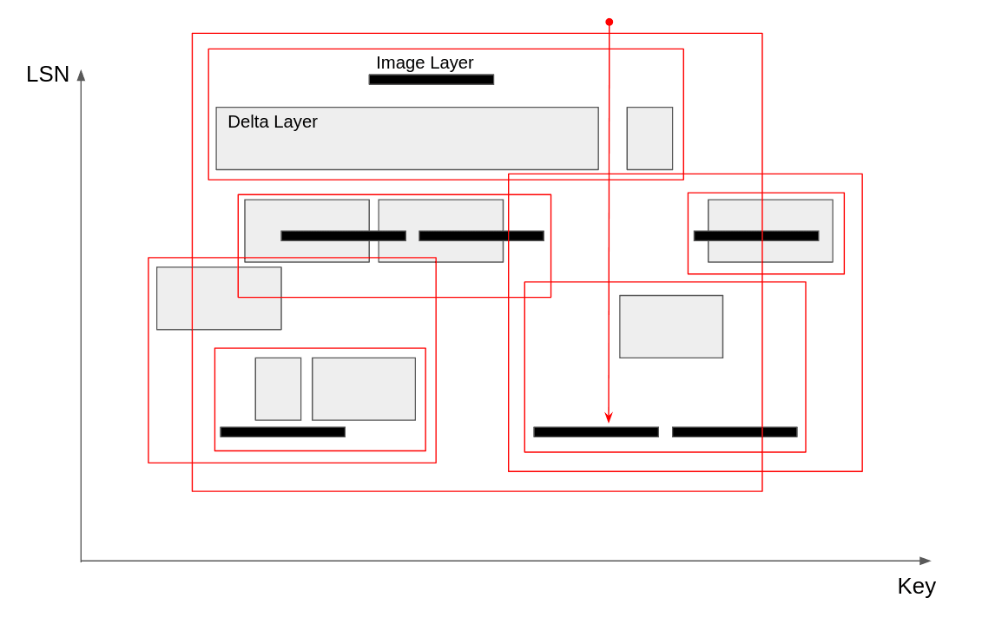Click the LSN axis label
coord(48,75)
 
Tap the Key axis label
coord(916,586)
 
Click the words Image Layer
coord(425,62)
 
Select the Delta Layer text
coord(273,122)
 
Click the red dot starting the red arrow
coord(610,22)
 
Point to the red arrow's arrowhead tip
coord(609,422)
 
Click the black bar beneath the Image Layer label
coord(432,80)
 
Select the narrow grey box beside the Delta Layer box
coord(649,139)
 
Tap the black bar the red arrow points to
coord(596,432)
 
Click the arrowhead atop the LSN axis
coord(81,75)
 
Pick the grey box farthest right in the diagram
coord(770,231)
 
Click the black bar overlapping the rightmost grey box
coord(756,236)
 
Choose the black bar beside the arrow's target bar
coord(735,432)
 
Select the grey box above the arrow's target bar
coord(671,326)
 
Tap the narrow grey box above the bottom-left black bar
coord(278,389)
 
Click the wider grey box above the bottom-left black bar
coord(364,389)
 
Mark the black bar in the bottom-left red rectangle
coord(283,432)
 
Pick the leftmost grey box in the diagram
coord(219,299)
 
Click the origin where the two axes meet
coord(81,561)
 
